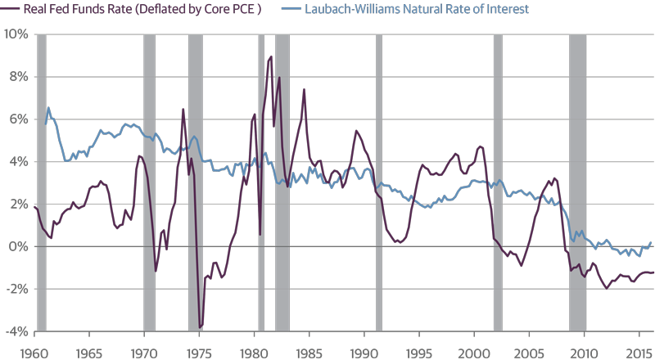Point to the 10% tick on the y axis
click(16, 34)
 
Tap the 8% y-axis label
click(18, 76)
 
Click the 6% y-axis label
click(18, 119)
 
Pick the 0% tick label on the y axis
click(18, 246)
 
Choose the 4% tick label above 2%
click(18, 161)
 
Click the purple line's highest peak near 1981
click(271, 56)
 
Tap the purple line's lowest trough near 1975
click(201, 326)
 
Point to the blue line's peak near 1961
click(48, 108)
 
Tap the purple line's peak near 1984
click(304, 88)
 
